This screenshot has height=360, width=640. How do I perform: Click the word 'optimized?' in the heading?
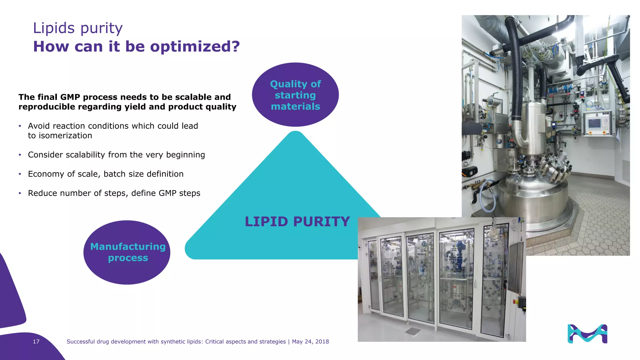[x=195, y=47]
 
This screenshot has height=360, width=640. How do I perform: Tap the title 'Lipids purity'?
[x=78, y=28]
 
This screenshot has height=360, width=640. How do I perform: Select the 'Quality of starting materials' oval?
[x=295, y=95]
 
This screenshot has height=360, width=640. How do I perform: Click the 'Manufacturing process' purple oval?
[x=127, y=252]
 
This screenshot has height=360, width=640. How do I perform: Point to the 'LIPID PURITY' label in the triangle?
[x=297, y=222]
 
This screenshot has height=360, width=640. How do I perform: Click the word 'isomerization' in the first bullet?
[x=65, y=136]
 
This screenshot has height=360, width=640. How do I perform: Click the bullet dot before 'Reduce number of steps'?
[x=20, y=193]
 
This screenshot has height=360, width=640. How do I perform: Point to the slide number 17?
[x=36, y=342]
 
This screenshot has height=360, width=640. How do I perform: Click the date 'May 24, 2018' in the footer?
[x=310, y=342]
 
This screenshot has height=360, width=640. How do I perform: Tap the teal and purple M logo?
[x=587, y=334]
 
